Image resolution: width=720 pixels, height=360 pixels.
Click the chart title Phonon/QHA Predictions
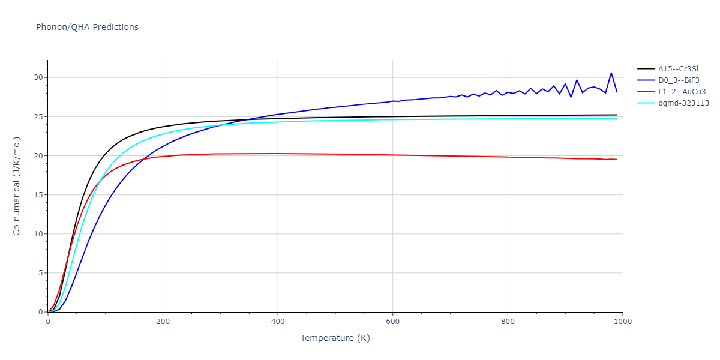(87, 27)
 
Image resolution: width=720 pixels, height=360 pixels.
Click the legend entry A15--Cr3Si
(677, 69)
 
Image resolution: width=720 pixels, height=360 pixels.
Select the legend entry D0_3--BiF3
(679, 80)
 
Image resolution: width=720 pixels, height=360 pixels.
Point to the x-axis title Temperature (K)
(335, 338)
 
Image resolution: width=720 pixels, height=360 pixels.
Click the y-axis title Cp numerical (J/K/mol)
(17, 186)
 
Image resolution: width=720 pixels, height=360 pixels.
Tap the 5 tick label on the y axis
(40, 273)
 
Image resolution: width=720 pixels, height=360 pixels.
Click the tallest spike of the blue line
(611, 73)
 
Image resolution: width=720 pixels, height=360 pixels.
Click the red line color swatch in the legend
(646, 92)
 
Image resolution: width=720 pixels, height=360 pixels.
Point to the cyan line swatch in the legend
(646, 103)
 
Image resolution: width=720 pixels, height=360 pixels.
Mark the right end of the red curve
(616, 159)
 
